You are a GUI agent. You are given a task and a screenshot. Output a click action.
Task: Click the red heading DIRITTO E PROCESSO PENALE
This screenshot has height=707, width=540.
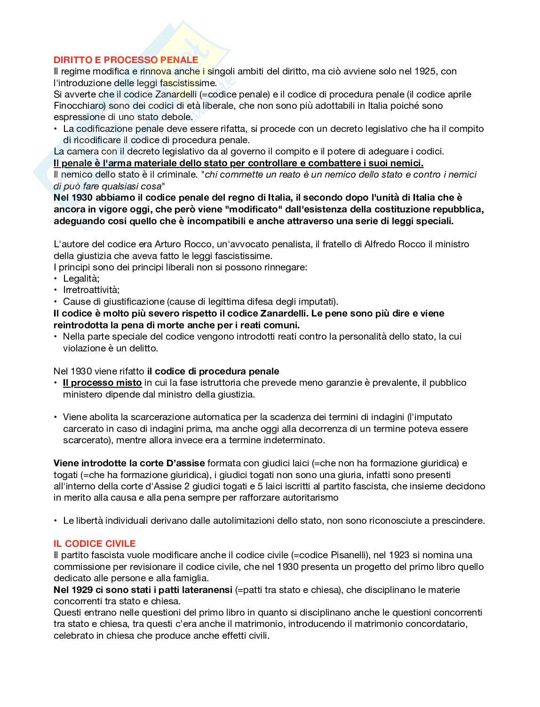pos(126,60)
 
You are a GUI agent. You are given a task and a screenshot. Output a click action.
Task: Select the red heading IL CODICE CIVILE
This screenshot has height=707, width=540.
pos(95,544)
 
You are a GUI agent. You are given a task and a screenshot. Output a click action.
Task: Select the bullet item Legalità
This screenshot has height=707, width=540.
pos(81,279)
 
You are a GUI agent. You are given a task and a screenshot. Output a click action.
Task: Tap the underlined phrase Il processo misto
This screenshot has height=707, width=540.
pos(102,383)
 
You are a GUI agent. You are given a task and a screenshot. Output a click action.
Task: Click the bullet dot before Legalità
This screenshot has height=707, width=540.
pos(56,279)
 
